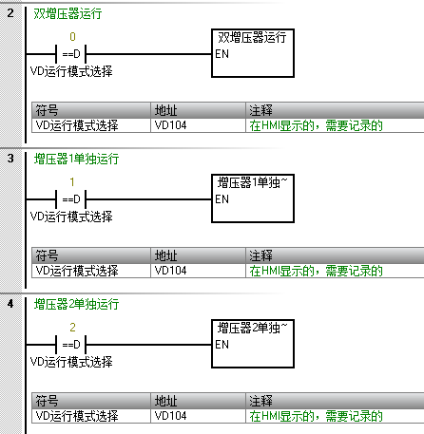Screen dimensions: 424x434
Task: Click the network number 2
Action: click(10, 13)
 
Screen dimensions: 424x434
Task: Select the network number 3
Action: click(10, 158)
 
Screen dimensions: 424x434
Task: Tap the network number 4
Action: click(10, 304)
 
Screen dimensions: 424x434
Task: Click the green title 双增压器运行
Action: click(67, 13)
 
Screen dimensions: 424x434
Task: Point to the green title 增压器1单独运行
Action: click(76, 159)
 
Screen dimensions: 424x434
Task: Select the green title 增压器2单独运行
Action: click(76, 304)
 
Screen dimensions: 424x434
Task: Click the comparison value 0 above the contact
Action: click(72, 37)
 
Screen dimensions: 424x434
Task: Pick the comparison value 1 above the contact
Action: click(72, 182)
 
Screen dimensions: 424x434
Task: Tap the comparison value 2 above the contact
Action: click(72, 328)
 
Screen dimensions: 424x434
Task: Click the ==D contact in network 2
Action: click(71, 54)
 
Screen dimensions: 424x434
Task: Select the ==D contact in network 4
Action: click(71, 345)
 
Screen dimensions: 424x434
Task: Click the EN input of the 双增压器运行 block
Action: click(222, 54)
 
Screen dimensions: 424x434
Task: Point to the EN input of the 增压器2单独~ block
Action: click(222, 345)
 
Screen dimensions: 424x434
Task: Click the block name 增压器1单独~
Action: click(252, 182)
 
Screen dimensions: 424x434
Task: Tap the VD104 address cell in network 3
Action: click(170, 271)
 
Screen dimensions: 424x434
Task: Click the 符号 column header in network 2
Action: click(47, 110)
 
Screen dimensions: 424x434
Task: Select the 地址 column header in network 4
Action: click(165, 401)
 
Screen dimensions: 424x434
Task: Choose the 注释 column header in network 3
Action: click(260, 255)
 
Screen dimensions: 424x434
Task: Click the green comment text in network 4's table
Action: click(316, 416)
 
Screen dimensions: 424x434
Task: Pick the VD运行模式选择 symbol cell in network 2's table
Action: click(77, 125)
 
